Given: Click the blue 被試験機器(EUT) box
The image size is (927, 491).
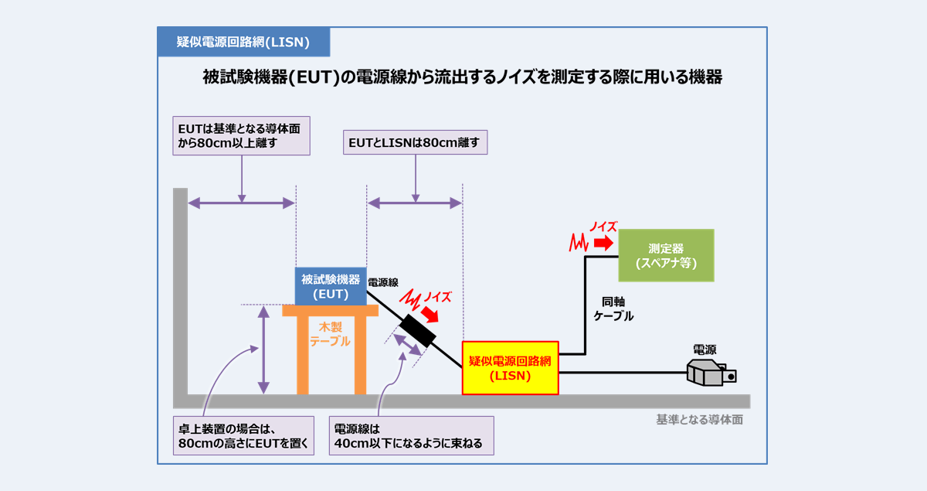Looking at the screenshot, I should tap(331, 286).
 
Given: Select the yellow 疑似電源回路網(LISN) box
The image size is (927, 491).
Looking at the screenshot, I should tap(510, 368).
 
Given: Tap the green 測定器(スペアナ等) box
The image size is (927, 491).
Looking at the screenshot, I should tap(666, 255).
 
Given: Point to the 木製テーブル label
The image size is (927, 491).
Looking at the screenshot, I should tap(330, 334).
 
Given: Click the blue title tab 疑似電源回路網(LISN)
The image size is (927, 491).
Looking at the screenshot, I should tap(243, 42).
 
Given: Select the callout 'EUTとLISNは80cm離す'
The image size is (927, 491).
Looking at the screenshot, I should tap(415, 142).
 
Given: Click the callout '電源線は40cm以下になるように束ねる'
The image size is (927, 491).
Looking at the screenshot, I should tap(411, 436).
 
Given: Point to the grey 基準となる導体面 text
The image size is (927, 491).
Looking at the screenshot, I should tap(699, 419).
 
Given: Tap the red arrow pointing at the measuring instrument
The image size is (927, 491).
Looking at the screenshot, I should tap(603, 243).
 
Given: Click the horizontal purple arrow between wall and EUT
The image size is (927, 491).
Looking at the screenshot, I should tap(242, 203).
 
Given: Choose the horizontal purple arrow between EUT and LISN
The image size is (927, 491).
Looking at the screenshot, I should tap(415, 203).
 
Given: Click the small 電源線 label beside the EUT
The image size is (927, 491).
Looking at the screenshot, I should tap(383, 283).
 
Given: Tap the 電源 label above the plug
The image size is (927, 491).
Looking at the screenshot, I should tap(704, 349).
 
